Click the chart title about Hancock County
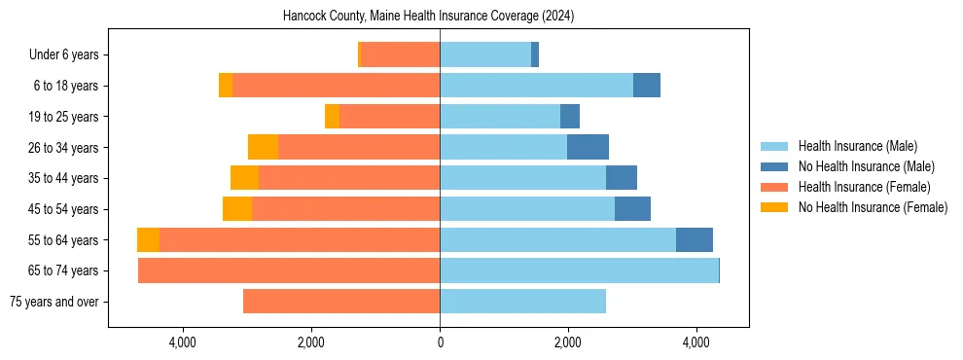tap(428, 17)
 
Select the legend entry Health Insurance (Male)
tap(857, 146)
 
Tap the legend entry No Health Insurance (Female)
tap(873, 207)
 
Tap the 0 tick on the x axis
tap(440, 342)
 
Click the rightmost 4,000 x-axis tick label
tap(695, 342)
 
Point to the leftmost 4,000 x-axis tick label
tap(183, 342)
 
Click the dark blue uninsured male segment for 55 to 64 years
tap(695, 240)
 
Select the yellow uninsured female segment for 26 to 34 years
tap(263, 147)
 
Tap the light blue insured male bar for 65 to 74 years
tap(579, 270)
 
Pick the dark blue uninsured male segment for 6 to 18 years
tap(647, 86)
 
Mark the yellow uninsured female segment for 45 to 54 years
tap(237, 209)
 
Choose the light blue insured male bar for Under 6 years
tap(485, 55)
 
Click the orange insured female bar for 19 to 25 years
tap(389, 117)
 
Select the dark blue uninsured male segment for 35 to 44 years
tap(622, 178)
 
